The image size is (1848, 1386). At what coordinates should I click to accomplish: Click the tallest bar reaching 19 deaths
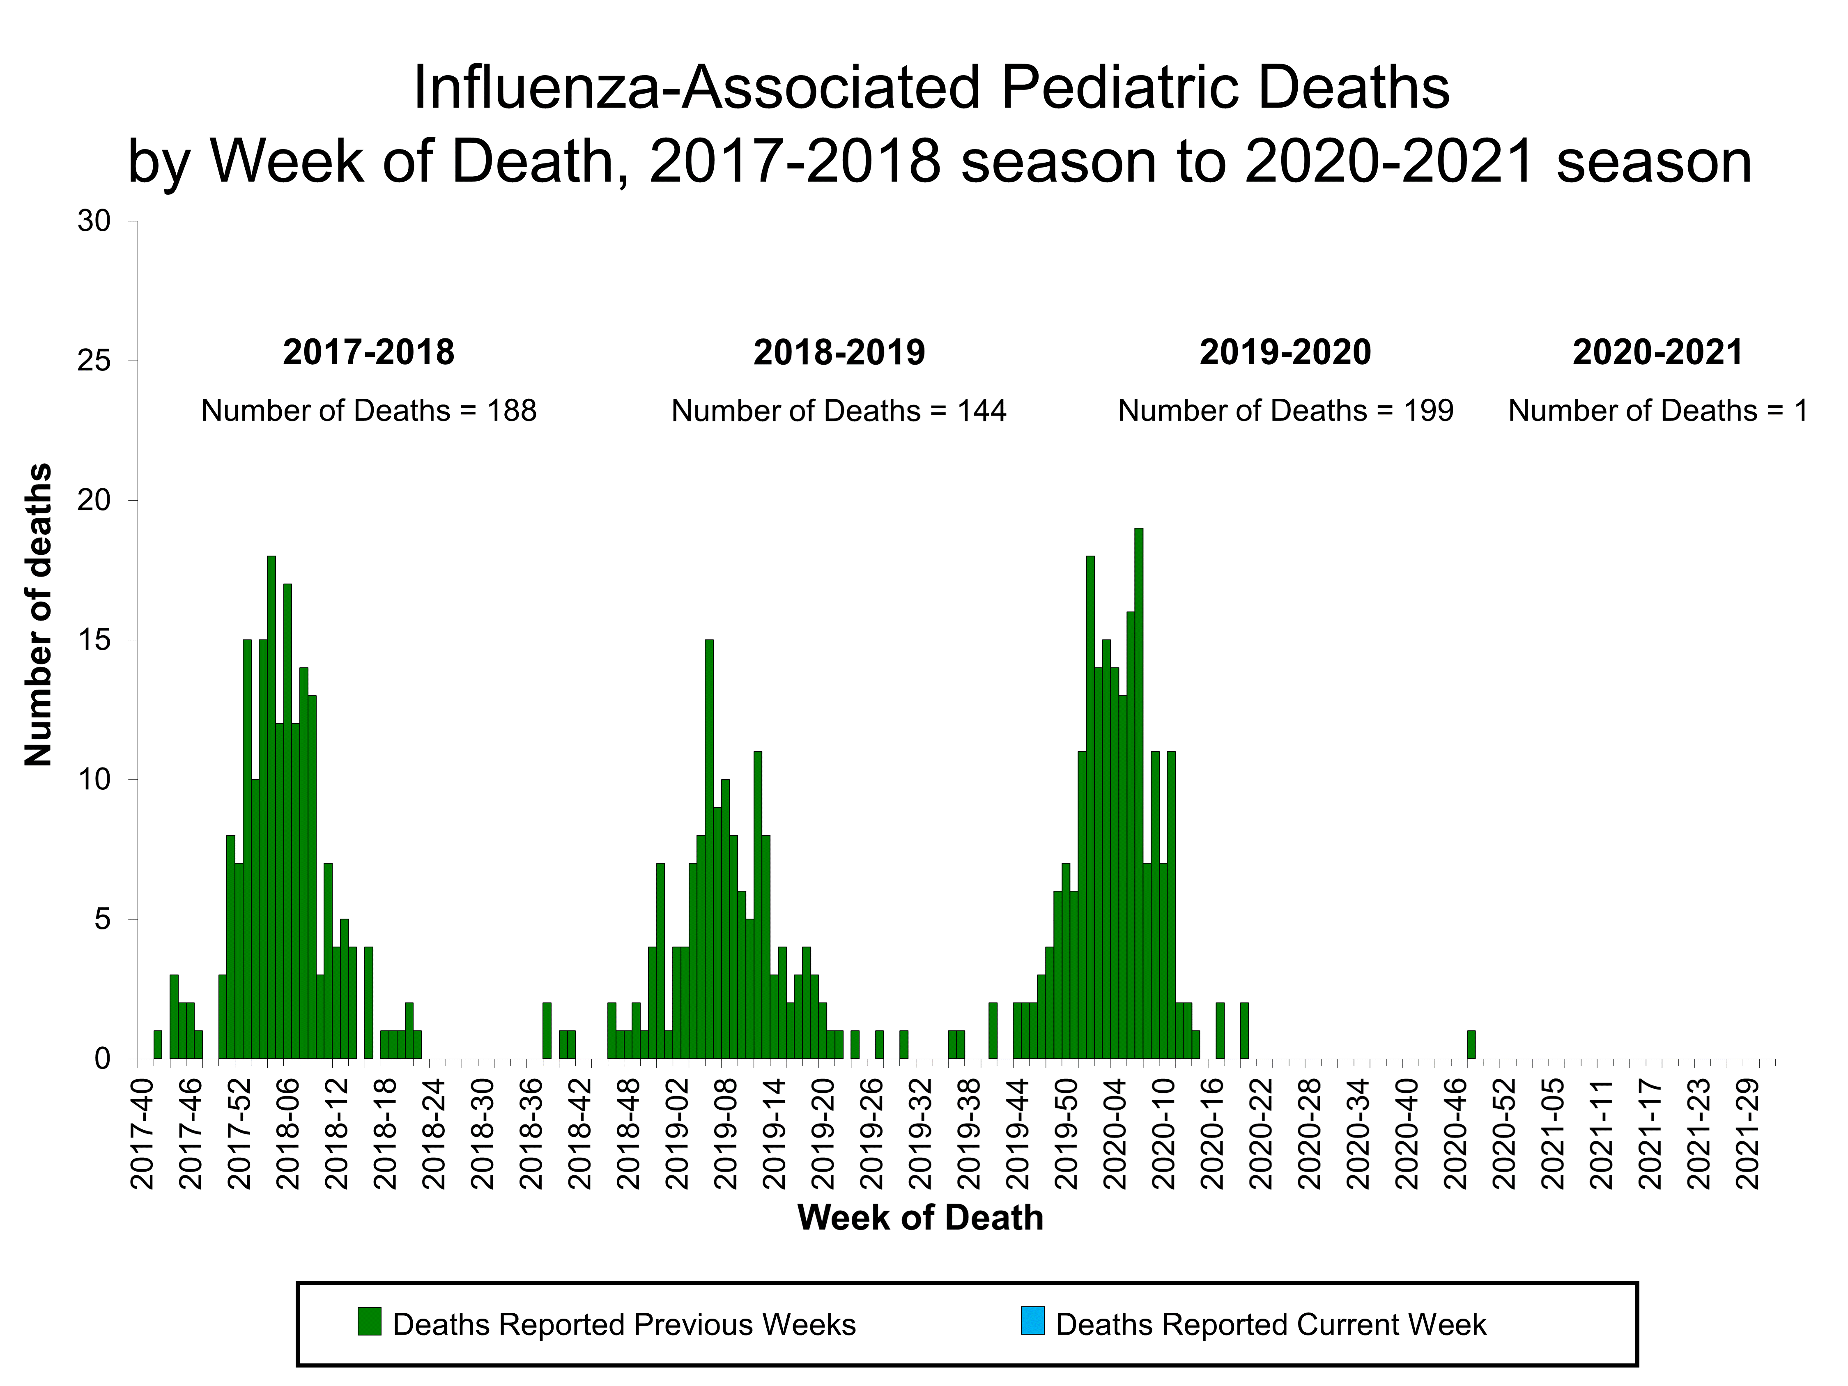coord(1138,794)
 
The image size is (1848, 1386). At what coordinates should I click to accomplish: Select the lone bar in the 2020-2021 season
coord(1471,1045)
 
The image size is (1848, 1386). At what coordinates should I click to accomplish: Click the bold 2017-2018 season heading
coord(368,352)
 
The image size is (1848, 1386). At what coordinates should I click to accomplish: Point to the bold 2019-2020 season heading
coord(1285,352)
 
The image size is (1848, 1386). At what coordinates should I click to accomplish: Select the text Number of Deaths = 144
coord(839,411)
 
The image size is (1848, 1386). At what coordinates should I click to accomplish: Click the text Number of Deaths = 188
coord(368,411)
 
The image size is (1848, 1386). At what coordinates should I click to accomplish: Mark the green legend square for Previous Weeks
coord(369,1321)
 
